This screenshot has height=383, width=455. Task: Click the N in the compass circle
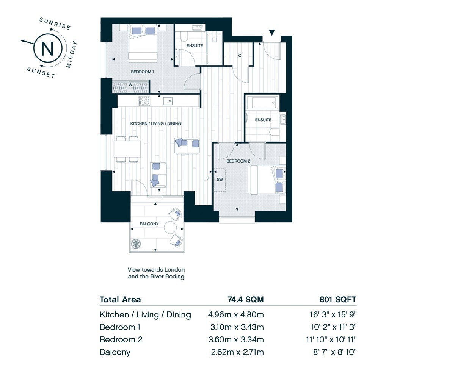pyautogui.click(x=47, y=48)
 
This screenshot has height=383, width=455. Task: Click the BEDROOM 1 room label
pyautogui.click(x=142, y=72)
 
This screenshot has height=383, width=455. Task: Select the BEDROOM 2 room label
pyautogui.click(x=238, y=161)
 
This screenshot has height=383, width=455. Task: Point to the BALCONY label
pyautogui.click(x=149, y=224)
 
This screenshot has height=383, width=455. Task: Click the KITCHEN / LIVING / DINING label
pyautogui.click(x=155, y=123)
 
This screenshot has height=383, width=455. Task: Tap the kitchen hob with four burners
pyautogui.click(x=144, y=101)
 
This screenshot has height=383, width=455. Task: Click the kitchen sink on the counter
pyautogui.click(x=168, y=101)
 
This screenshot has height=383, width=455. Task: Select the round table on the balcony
pyautogui.click(x=170, y=228)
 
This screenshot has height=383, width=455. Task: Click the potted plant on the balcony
pyautogui.click(x=136, y=244)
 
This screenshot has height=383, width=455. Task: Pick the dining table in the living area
pyautogui.click(x=127, y=149)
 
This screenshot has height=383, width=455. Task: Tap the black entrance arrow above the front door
pyautogui.click(x=271, y=33)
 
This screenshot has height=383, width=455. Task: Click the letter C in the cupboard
pyautogui.click(x=240, y=56)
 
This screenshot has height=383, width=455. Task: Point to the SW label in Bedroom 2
pyautogui.click(x=220, y=180)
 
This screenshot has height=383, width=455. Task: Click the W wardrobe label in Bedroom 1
pyautogui.click(x=130, y=85)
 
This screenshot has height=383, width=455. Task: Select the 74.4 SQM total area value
pyautogui.click(x=246, y=300)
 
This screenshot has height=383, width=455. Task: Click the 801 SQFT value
pyautogui.click(x=338, y=300)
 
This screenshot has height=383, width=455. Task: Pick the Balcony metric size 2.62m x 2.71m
pyautogui.click(x=237, y=352)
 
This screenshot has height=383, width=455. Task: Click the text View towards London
pyautogui.click(x=156, y=270)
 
